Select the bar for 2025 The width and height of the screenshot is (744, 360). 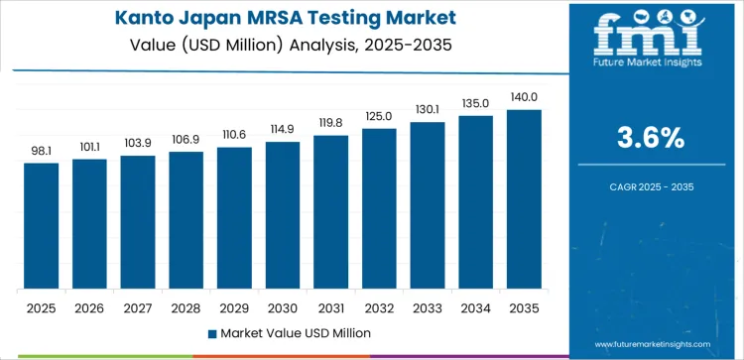coord(42,225)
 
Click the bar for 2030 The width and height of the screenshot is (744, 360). coord(283,215)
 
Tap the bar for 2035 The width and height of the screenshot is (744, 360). coord(524,199)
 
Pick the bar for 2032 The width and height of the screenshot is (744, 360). coord(379,208)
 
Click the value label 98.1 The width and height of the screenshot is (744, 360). coord(42,151)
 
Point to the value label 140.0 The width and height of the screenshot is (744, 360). coord(524,97)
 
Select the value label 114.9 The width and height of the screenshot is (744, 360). coord(283,129)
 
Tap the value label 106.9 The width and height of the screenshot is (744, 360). coord(186,139)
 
